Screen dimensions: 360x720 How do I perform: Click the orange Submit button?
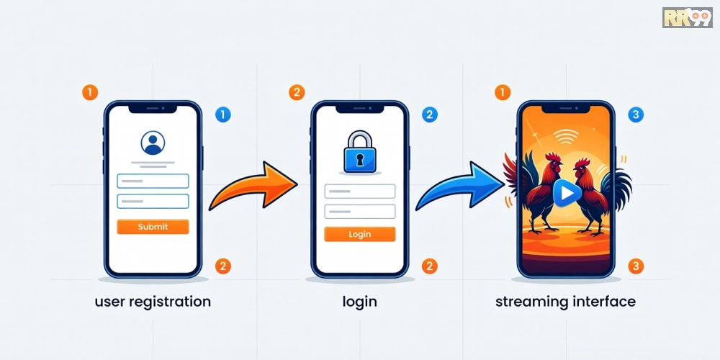pyautogui.click(x=153, y=227)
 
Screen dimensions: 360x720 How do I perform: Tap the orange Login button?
pyautogui.click(x=359, y=234)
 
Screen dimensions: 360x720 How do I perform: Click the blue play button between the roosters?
pyautogui.click(x=566, y=192)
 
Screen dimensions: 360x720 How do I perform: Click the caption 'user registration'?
pyautogui.click(x=153, y=301)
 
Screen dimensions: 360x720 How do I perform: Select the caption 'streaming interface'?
pyautogui.click(x=565, y=301)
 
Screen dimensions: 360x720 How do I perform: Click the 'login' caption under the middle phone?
pyautogui.click(x=359, y=301)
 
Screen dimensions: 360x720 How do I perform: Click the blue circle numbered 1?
pyautogui.click(x=223, y=114)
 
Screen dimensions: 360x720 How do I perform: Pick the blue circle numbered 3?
pyautogui.click(x=636, y=114)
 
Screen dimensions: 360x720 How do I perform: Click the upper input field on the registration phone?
pyautogui.click(x=153, y=181)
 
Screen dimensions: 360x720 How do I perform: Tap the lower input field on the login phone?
pyautogui.click(x=359, y=212)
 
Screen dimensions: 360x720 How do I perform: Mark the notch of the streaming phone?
pyautogui.click(x=565, y=109)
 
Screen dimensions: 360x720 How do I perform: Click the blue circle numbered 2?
pyautogui.click(x=429, y=114)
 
